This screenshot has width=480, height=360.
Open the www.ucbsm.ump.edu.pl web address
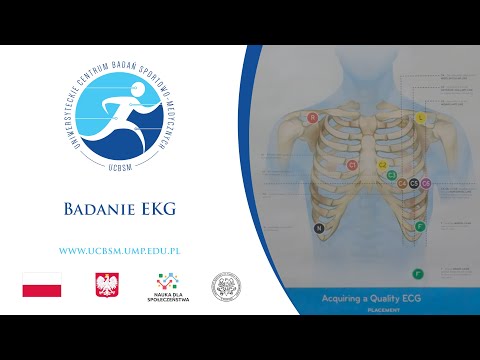(126, 250)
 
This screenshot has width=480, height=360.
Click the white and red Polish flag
(42, 285)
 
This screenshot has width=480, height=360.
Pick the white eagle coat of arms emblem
(107, 285)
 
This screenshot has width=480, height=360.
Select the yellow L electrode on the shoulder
(420, 117)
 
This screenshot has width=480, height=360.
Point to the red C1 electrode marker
(351, 163)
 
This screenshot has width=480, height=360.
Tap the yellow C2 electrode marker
(382, 163)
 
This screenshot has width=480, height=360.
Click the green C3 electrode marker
(392, 175)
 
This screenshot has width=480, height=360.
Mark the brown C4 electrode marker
(402, 184)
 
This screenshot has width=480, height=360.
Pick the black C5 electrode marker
(414, 184)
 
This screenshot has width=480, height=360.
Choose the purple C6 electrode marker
(426, 184)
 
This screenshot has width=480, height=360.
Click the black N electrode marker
(319, 229)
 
